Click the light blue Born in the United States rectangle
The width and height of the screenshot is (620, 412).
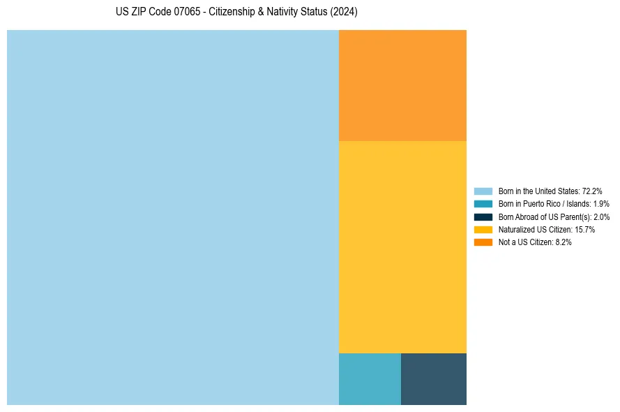coord(173,217)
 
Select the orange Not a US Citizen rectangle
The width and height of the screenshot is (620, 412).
coord(402,85)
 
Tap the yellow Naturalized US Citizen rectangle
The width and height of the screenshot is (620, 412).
coord(402,247)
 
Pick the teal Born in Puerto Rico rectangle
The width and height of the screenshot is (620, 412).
coord(370,378)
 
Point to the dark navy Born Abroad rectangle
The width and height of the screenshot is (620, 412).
coord(434,378)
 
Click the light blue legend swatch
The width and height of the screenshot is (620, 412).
coord(483,191)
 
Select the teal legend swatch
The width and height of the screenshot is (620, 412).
coord(483,204)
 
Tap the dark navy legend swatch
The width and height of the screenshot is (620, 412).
coord(483,216)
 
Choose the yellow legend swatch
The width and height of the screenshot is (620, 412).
coord(483,229)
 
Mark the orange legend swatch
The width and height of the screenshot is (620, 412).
coord(483,242)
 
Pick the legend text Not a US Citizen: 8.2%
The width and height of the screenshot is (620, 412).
coord(535,242)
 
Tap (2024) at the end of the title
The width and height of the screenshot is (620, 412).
coord(345,13)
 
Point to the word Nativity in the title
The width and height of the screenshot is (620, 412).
coord(285,13)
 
